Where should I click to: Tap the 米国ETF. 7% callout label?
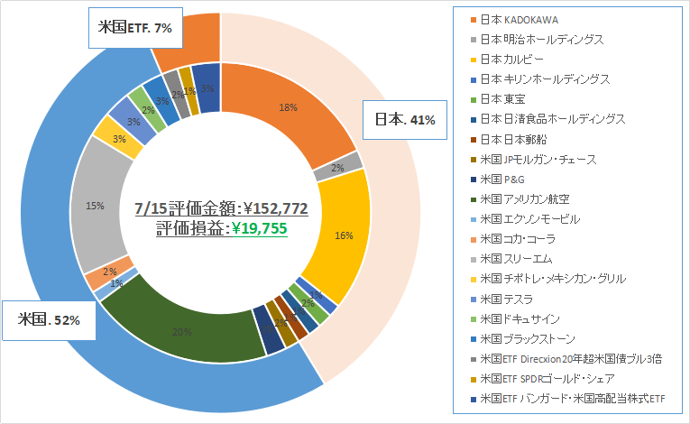135,28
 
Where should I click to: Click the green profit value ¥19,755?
259,228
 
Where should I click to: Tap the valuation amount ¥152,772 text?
269,208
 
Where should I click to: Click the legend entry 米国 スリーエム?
519,259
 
